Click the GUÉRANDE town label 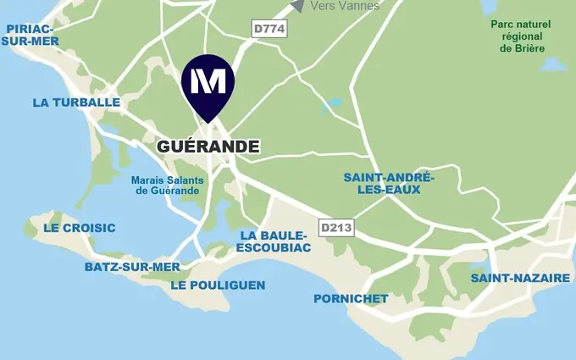click(x=208, y=147)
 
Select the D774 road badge click(x=270, y=30)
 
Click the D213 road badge click(x=335, y=227)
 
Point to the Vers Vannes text click(x=345, y=6)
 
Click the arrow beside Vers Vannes click(x=297, y=5)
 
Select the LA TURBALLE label click(x=76, y=102)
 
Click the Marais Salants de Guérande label click(x=166, y=185)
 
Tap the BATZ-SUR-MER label click(x=132, y=267)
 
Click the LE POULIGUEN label click(x=218, y=285)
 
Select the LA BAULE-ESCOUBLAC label click(x=275, y=241)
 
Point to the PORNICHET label click(x=351, y=298)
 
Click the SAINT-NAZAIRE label click(x=514, y=278)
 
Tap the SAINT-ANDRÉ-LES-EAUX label click(x=388, y=183)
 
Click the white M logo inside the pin click(x=208, y=81)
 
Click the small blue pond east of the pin click(x=331, y=106)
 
